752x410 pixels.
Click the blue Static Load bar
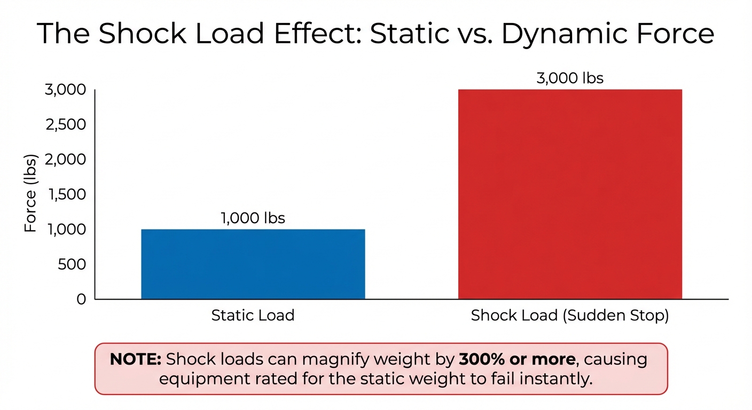coord(253,264)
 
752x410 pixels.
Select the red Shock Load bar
coord(570,194)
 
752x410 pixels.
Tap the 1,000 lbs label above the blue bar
coord(253,218)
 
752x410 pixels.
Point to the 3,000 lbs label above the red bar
coord(570,78)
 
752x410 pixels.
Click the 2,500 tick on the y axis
coord(66,124)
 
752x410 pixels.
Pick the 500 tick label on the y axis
coord(73,264)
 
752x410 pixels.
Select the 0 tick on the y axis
coord(81,299)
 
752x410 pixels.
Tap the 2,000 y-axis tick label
coord(66,160)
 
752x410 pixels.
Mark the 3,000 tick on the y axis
coord(66,90)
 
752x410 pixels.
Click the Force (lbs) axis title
coord(31,194)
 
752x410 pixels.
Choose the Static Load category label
coord(253,316)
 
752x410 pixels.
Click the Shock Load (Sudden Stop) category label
coord(570,316)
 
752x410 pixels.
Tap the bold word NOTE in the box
coord(135,359)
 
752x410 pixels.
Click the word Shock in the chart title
coord(143,34)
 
